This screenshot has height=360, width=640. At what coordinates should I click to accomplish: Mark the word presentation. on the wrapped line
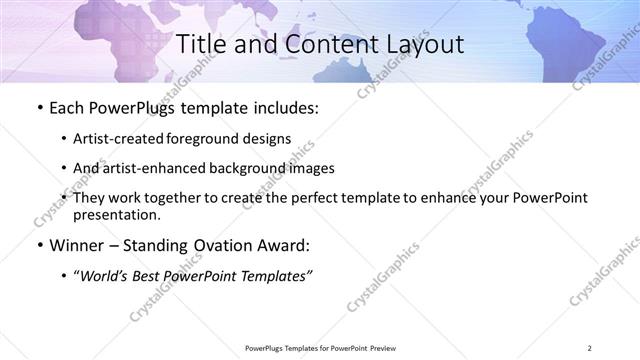(117, 214)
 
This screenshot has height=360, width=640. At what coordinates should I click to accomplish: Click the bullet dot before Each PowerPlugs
(38, 107)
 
